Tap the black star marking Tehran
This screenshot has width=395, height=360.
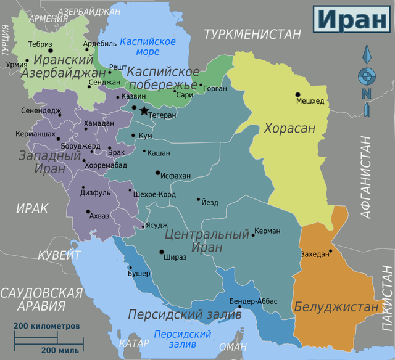[x=144, y=110]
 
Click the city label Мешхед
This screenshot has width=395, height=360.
[x=310, y=101]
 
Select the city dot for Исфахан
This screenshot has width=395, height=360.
[x=158, y=173]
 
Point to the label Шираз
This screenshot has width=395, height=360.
[x=175, y=256]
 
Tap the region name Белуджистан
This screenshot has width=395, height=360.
[x=336, y=306]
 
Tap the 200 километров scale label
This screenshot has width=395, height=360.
[x=47, y=325]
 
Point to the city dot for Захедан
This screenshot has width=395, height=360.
[x=331, y=250]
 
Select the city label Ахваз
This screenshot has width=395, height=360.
[x=99, y=216]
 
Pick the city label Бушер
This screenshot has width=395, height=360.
[x=139, y=273]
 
